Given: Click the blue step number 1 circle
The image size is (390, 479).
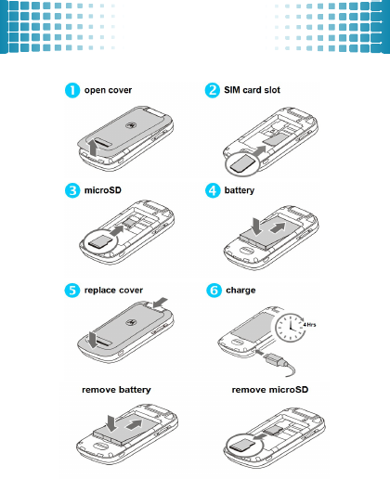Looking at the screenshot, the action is (72, 90).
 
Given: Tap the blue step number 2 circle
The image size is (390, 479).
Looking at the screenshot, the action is (213, 90).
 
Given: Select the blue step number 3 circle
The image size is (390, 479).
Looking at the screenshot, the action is (72, 190).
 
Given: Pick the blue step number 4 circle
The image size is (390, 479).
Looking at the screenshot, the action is (213, 190).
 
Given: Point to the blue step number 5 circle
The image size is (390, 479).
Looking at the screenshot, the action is (72, 291).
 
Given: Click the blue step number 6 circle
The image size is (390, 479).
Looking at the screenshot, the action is (214, 291).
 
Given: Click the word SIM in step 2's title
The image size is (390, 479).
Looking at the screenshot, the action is (232, 90).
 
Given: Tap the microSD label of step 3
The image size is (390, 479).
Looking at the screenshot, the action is (103, 190).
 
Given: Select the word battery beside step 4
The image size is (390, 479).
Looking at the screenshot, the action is (240, 190).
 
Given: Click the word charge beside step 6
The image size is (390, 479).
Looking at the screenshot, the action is (240, 291).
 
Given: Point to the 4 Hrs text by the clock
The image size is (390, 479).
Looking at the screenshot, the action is (309, 325).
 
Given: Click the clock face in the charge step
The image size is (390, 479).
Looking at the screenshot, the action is (291, 328).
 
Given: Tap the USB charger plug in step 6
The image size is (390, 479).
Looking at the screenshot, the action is (274, 359).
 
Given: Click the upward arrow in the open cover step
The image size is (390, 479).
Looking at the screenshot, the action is (93, 148).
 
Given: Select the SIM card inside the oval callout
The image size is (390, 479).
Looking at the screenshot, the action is (242, 163).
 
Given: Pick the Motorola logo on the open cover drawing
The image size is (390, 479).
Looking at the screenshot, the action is (130, 125).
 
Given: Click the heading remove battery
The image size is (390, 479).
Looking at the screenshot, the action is (116, 390).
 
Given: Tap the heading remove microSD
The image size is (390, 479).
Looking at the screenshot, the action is (270, 390).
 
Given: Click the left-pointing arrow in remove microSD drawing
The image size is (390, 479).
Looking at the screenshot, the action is (259, 436).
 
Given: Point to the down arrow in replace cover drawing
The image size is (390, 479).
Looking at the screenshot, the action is (93, 340).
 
